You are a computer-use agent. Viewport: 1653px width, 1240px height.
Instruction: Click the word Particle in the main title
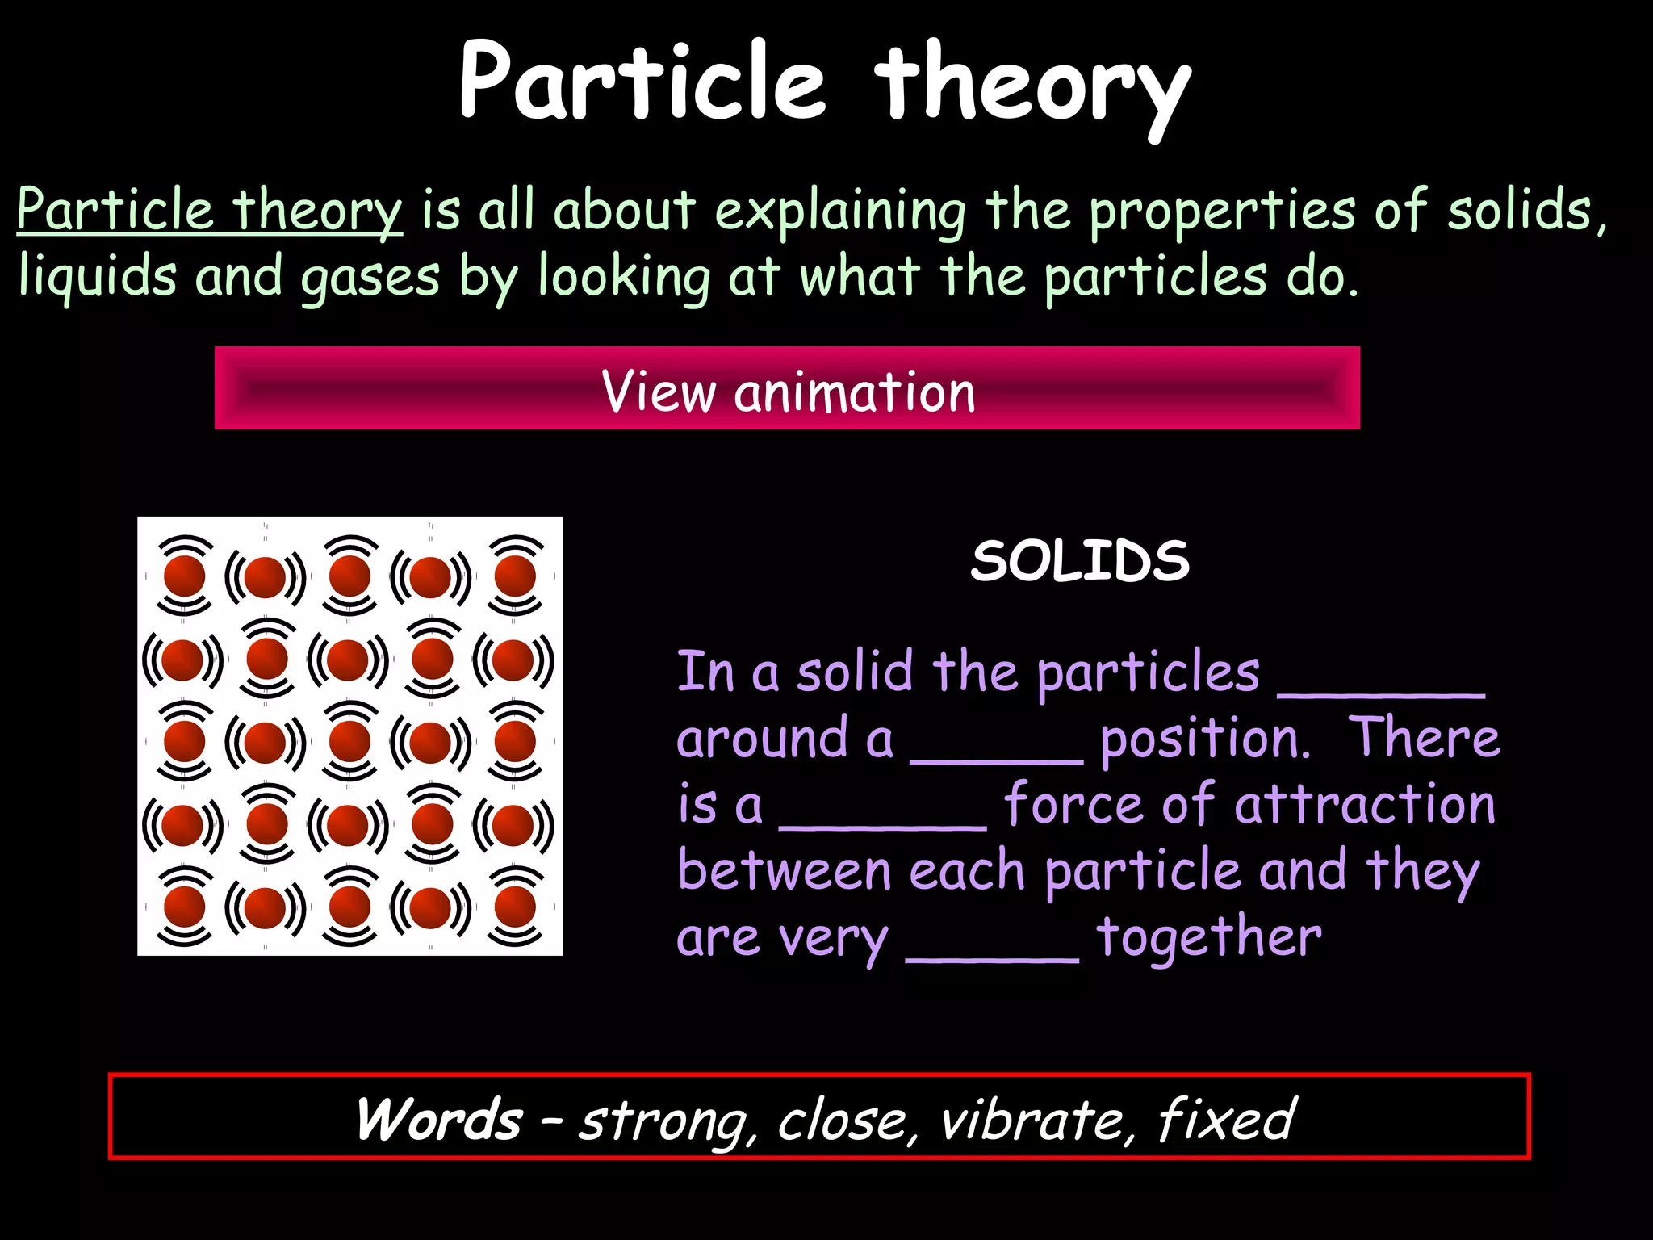click(642, 81)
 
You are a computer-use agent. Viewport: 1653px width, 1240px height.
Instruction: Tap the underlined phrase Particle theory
click(209, 211)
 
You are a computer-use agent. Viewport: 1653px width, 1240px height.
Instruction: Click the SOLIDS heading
click(1080, 560)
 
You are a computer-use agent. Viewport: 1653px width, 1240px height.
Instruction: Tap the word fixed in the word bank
click(1226, 1120)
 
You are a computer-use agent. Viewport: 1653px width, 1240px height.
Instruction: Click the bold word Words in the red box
click(439, 1120)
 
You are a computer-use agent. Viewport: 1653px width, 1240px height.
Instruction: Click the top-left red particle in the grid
click(185, 576)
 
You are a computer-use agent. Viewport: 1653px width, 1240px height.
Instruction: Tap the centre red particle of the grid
click(349, 741)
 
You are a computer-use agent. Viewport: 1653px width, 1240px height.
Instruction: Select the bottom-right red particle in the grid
click(515, 907)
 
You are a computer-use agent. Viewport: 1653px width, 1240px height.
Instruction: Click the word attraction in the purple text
click(1365, 805)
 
